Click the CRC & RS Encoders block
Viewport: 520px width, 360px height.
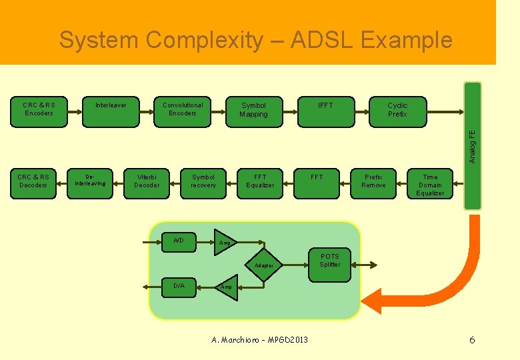point(39,110)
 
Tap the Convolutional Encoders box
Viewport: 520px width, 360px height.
point(183,110)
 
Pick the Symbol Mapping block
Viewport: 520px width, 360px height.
point(253,110)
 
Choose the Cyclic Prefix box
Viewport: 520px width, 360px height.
point(397,110)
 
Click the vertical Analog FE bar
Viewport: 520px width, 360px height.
point(473,145)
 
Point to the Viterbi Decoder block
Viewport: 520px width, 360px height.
point(147,182)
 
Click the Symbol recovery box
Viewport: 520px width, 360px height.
point(203,182)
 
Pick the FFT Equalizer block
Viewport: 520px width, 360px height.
point(260,182)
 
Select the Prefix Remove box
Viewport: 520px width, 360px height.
point(373,182)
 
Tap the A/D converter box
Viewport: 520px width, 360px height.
point(179,241)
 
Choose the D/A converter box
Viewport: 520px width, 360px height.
point(179,286)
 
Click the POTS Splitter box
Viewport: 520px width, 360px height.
point(329,261)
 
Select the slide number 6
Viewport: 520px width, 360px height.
point(472,340)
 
